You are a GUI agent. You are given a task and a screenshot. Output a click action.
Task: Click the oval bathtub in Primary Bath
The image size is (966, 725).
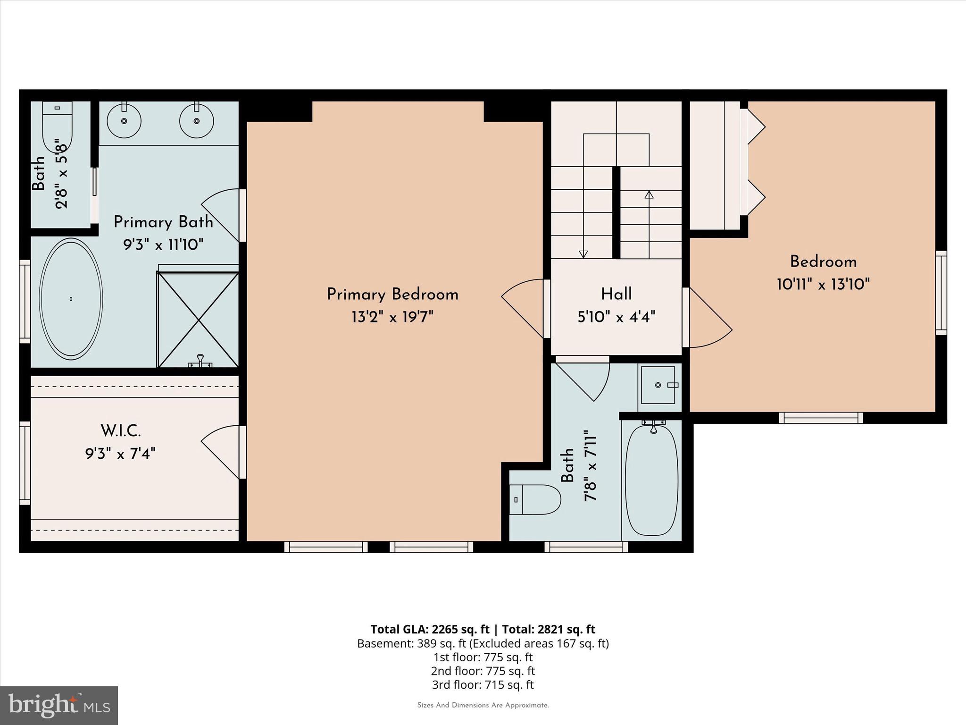(71, 298)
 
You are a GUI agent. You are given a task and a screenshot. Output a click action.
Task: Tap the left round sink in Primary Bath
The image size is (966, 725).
(124, 121)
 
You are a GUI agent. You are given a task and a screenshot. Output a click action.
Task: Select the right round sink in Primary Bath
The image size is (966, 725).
(196, 121)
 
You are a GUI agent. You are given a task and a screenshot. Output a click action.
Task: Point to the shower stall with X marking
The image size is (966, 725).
(198, 320)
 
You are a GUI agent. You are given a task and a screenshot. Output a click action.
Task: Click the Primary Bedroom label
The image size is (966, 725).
(392, 295)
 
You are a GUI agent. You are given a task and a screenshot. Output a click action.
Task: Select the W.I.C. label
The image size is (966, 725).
(121, 430)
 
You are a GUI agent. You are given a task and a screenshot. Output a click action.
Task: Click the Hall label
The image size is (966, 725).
(616, 294)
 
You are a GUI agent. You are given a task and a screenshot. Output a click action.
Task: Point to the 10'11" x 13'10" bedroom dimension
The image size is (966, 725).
(823, 284)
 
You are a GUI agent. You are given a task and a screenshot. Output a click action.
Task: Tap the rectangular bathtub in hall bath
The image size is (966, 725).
(652, 480)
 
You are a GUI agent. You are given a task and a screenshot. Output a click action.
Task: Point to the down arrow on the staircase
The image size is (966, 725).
(583, 253)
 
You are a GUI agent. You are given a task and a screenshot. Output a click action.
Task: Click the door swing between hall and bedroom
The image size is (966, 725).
(710, 321)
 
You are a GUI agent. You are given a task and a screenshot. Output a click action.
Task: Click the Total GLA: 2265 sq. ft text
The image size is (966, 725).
(430, 629)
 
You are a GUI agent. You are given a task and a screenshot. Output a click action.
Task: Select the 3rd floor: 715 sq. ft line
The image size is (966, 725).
(483, 684)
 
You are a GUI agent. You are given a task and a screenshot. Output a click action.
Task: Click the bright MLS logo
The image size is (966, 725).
(59, 705)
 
